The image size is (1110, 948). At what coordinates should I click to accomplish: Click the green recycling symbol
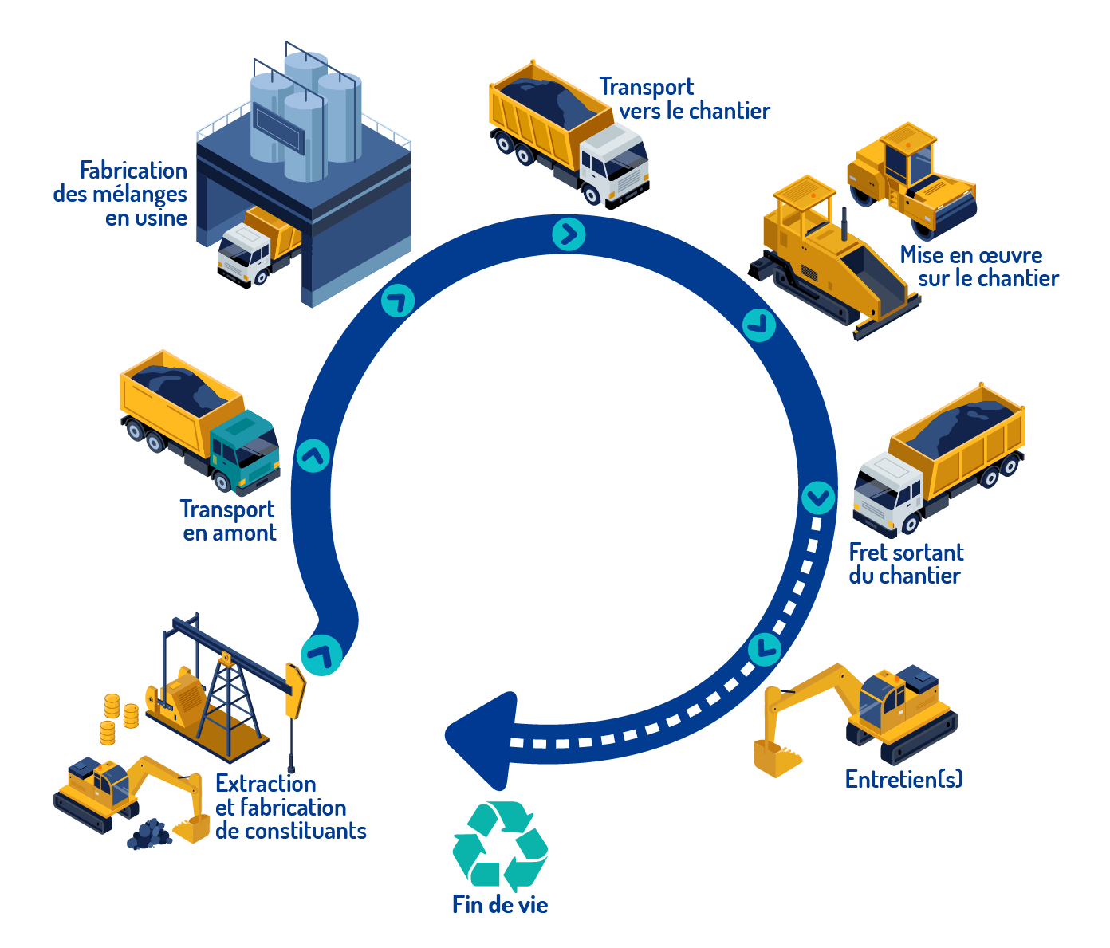coord(500,846)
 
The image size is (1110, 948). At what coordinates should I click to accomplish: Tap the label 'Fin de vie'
coord(500,904)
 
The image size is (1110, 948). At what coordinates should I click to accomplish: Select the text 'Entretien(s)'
coord(903,779)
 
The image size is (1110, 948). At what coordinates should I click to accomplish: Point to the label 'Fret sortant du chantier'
coord(905,564)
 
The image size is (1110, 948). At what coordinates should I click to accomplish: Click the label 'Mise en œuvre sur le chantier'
coord(979,266)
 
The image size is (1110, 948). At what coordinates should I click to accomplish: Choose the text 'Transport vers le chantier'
coord(684,99)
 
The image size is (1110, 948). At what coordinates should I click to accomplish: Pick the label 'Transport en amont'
coord(228,521)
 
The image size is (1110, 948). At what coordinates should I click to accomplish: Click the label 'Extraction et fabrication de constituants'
coord(290,807)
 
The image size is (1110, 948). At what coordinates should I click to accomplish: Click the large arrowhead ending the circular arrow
coord(478,738)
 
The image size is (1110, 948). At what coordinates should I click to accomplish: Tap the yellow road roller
coord(911,179)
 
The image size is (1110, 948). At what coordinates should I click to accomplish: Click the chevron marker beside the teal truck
coord(313,456)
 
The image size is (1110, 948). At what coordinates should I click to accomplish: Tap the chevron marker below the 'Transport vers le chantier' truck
coord(569,234)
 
